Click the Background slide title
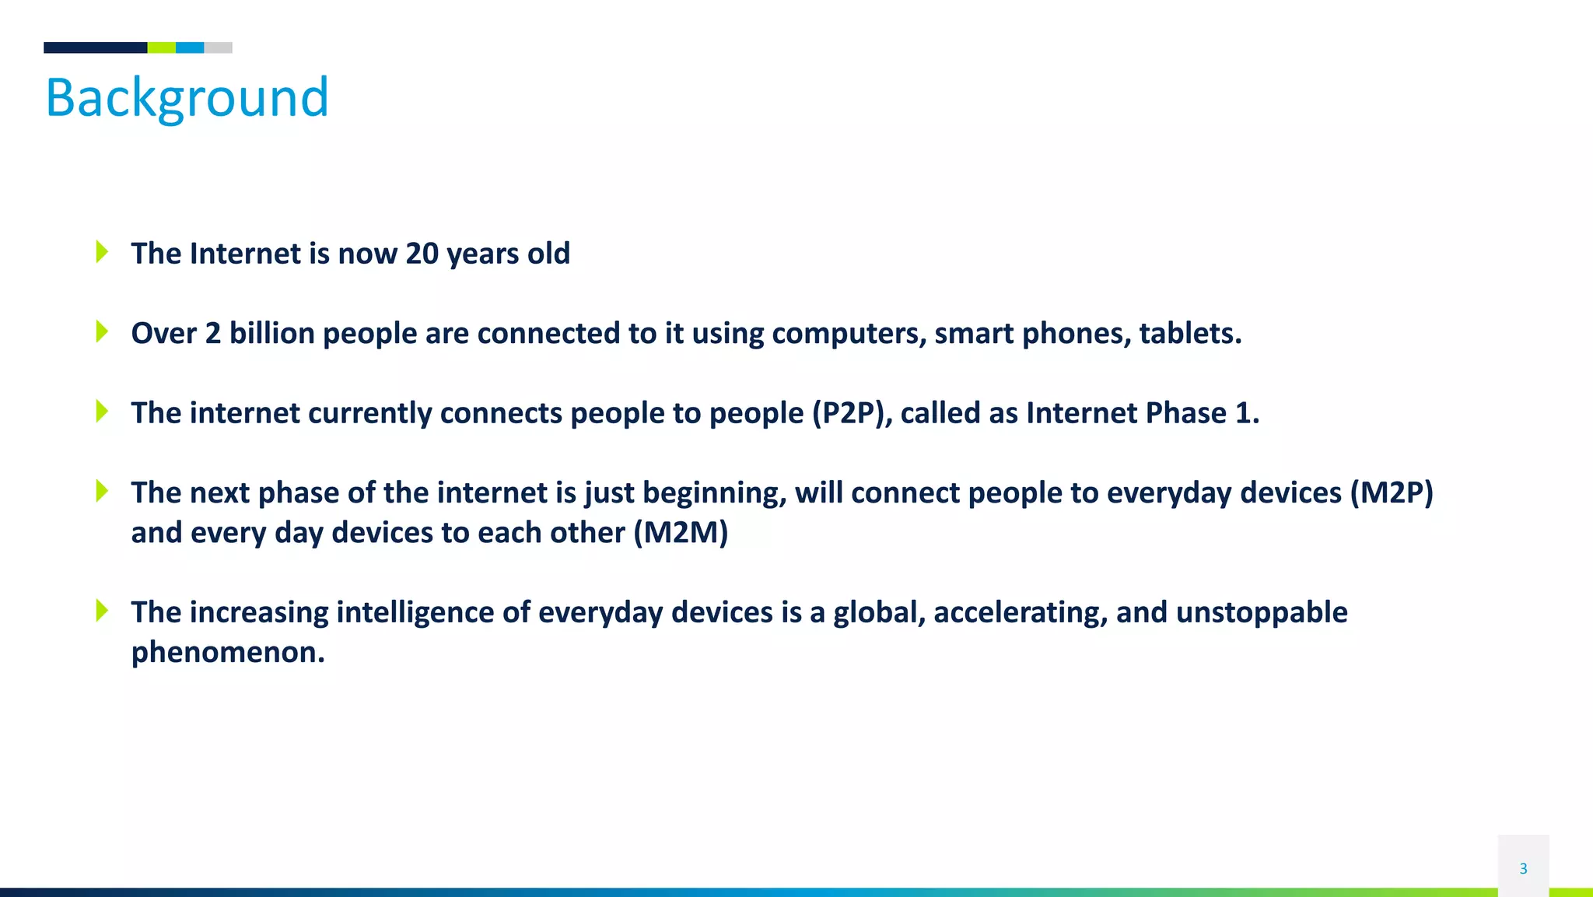pos(187,98)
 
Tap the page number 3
pos(1523,868)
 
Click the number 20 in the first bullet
pos(422,254)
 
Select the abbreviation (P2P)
pos(852,413)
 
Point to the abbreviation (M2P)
pos(1392,493)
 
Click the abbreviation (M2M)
pos(681,533)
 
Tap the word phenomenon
pos(227,652)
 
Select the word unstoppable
pos(1262,612)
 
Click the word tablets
pos(1189,333)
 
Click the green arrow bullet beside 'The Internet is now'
pos(102,251)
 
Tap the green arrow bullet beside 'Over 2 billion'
pos(102,331)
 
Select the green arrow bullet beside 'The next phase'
pos(102,491)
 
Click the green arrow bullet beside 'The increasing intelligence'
pos(102,610)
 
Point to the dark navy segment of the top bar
pos(95,47)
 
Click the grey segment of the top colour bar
pos(218,47)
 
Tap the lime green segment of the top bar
pos(161,47)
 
